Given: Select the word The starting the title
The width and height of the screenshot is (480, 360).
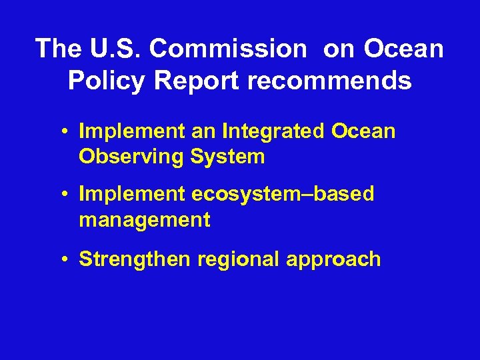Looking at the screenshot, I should tap(57, 48).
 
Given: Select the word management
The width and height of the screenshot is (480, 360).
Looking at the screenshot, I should tap(145, 219).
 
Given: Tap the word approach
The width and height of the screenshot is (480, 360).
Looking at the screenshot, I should tap(334, 259).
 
